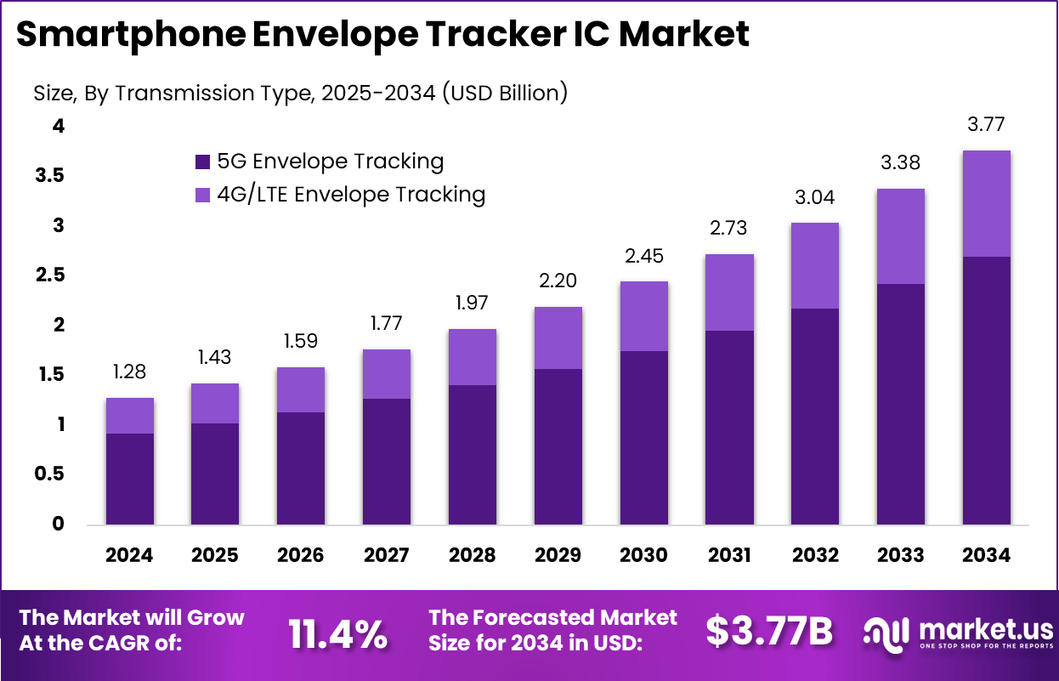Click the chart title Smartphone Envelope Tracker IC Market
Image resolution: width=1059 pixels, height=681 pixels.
click(x=382, y=35)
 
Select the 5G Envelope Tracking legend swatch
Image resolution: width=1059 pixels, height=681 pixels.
click(x=202, y=162)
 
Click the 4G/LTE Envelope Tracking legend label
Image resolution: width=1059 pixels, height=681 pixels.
click(x=351, y=195)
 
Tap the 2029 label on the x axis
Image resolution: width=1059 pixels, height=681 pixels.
click(x=558, y=555)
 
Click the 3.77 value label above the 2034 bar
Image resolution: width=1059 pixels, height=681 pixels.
click(x=986, y=125)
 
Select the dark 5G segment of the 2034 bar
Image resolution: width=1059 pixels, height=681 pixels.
click(x=986, y=390)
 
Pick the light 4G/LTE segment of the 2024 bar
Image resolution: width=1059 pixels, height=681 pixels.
click(x=129, y=416)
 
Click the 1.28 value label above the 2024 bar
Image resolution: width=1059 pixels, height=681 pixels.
click(x=129, y=372)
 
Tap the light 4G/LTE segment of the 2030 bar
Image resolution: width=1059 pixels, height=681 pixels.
click(x=643, y=316)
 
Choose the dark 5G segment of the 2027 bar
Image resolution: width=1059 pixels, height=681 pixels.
click(x=387, y=461)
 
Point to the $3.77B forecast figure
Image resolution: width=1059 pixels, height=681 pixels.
click(x=769, y=632)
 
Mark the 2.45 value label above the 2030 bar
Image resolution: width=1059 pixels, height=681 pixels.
click(x=643, y=256)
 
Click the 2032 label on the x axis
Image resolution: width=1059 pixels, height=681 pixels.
click(x=815, y=555)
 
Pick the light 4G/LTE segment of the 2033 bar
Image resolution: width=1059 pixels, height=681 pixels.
click(x=900, y=236)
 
